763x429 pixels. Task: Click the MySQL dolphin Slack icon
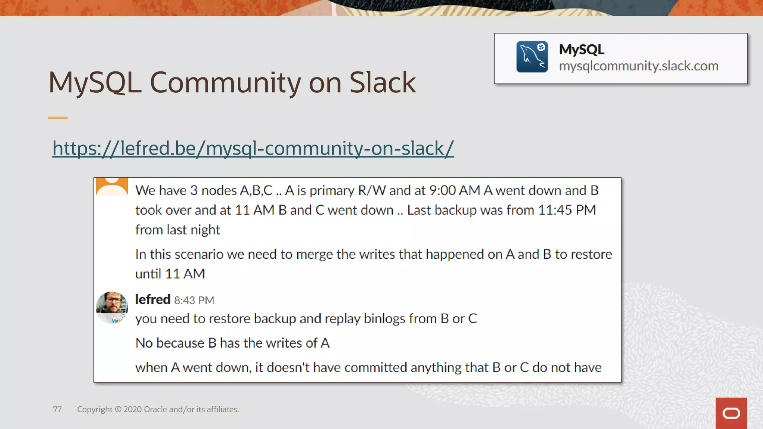pos(532,57)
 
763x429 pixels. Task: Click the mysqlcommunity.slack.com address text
pos(638,66)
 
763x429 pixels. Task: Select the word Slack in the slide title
pos(382,82)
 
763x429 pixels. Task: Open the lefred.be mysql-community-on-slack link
pos(253,148)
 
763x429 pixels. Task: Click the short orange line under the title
pos(58,118)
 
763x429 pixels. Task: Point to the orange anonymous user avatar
pos(112,187)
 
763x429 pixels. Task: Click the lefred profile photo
pos(112,307)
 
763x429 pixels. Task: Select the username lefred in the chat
pos(152,299)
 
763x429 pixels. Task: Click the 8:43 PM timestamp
pos(194,300)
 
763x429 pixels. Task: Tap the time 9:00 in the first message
pos(442,190)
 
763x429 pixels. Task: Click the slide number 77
pos(57,409)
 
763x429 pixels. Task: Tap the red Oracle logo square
pos(731,413)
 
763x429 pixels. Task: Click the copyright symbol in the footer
pos(118,409)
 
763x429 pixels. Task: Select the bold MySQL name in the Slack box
pos(581,50)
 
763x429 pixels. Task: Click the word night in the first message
pos(205,230)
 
